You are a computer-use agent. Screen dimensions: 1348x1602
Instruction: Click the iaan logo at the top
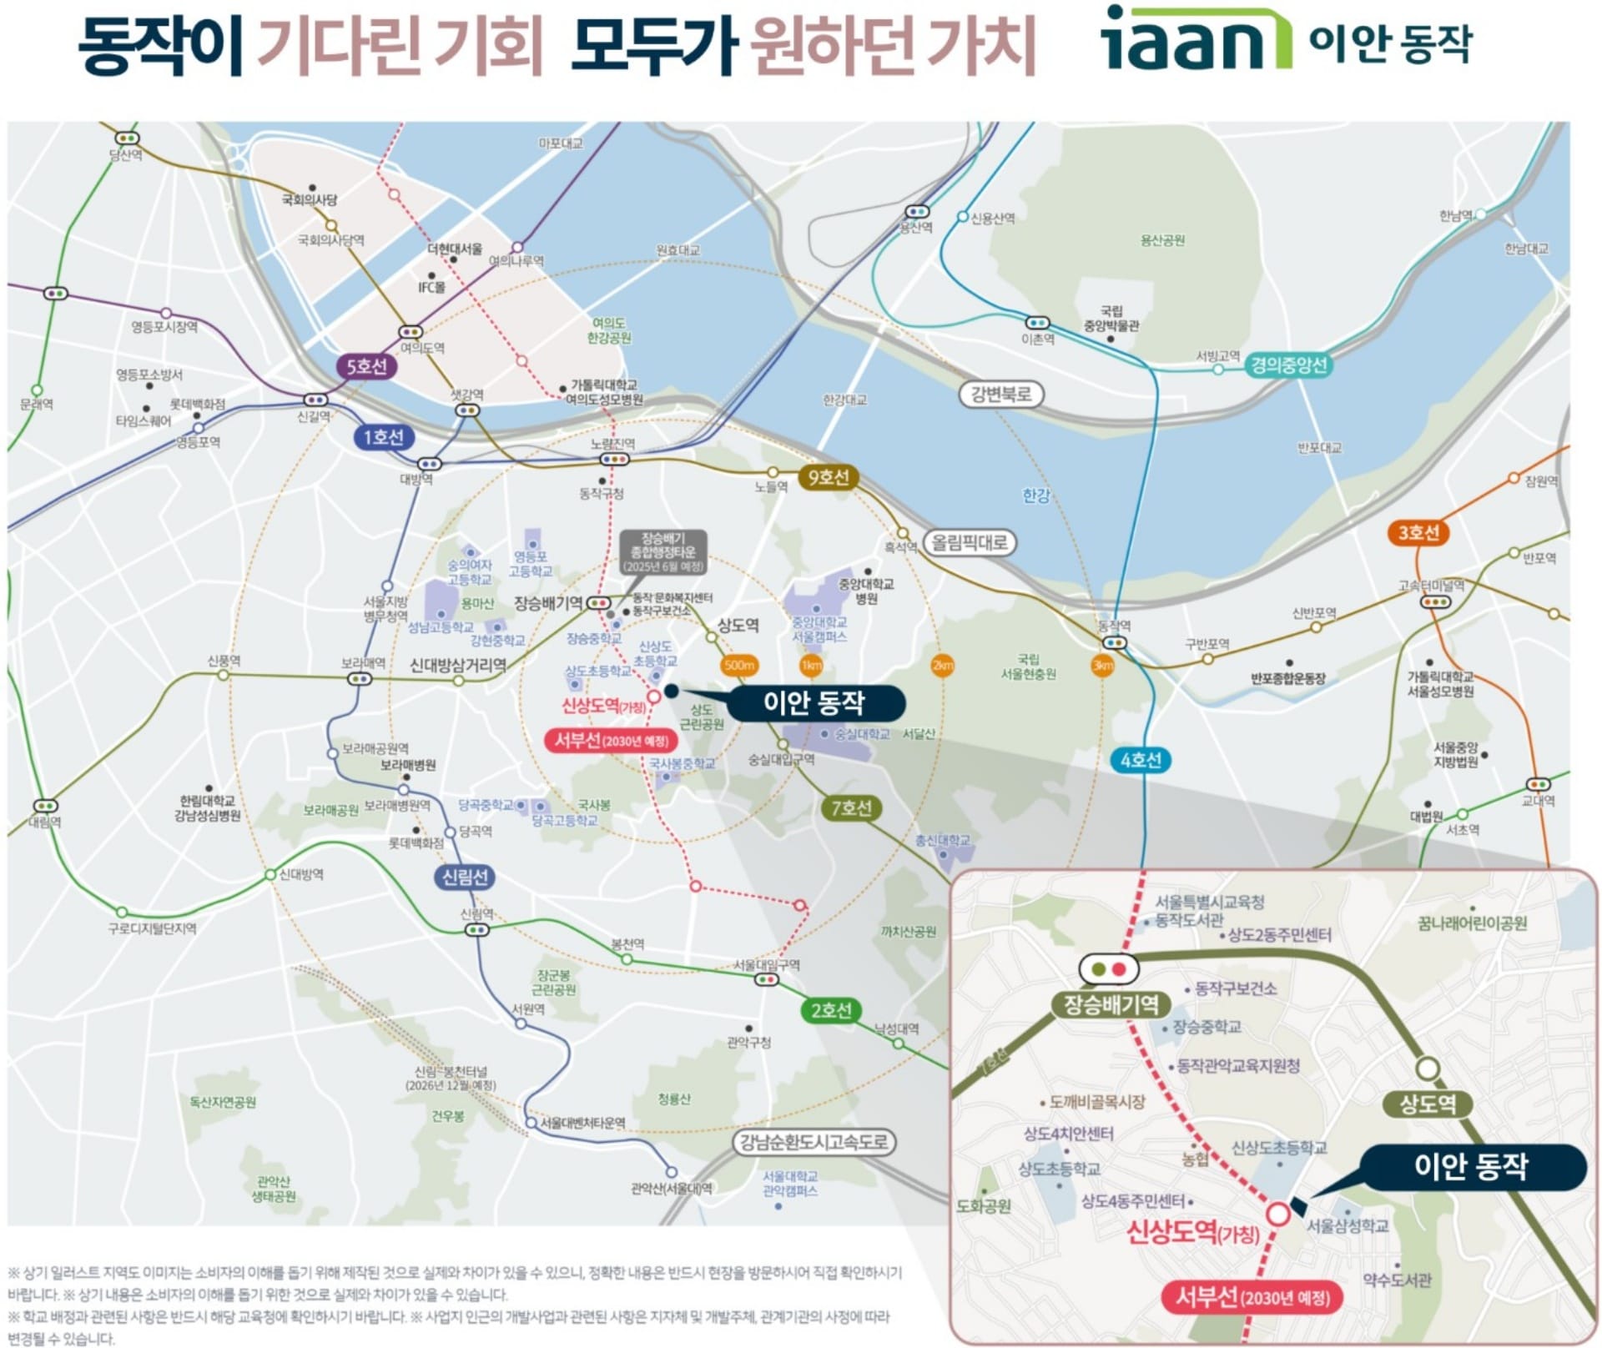click(1195, 38)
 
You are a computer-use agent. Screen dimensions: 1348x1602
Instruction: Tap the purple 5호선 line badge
click(366, 366)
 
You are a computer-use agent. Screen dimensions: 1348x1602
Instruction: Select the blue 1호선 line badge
click(383, 437)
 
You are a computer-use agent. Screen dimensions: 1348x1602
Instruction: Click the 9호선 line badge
click(828, 477)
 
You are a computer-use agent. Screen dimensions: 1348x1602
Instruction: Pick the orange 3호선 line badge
click(1418, 532)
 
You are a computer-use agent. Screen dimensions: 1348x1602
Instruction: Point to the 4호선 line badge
click(1141, 760)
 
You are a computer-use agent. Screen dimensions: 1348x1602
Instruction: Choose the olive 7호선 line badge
click(851, 807)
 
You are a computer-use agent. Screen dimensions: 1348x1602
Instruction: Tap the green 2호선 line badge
click(831, 1010)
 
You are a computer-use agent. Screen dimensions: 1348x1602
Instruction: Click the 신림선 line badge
click(465, 877)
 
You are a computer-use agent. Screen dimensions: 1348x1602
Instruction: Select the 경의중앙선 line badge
click(1288, 365)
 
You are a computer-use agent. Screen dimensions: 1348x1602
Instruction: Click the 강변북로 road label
click(1000, 394)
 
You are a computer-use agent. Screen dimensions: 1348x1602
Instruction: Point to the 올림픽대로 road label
click(970, 543)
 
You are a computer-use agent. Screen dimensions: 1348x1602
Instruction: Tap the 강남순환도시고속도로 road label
click(814, 1142)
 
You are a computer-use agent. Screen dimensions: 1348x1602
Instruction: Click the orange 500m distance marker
click(739, 665)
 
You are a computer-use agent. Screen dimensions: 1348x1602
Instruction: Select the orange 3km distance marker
click(1103, 666)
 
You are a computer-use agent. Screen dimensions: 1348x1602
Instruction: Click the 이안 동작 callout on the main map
click(814, 702)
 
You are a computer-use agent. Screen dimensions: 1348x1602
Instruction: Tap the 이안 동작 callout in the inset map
click(1470, 1166)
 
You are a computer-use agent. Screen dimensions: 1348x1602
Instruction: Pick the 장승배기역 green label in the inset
click(1111, 1004)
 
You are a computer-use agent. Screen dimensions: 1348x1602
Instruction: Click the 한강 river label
click(1035, 495)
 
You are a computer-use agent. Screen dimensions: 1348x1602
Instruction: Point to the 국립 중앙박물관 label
click(1111, 318)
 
